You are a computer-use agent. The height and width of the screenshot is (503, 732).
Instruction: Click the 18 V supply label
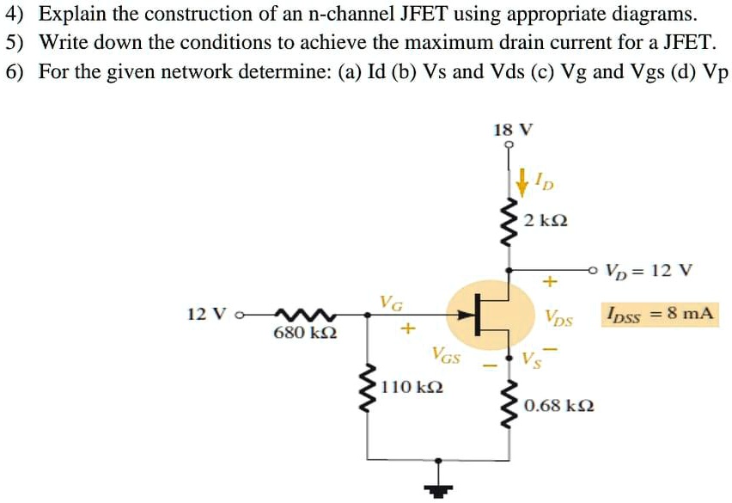pos(513,130)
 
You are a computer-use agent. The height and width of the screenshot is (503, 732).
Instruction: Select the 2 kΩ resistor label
pos(545,221)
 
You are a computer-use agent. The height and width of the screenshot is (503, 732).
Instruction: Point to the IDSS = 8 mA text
pos(659,313)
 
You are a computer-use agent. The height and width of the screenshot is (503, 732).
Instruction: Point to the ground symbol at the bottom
pos(440,488)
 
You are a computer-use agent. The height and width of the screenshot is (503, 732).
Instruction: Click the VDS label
pos(558,317)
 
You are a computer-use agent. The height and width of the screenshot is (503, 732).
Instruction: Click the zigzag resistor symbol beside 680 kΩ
pos(299,314)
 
